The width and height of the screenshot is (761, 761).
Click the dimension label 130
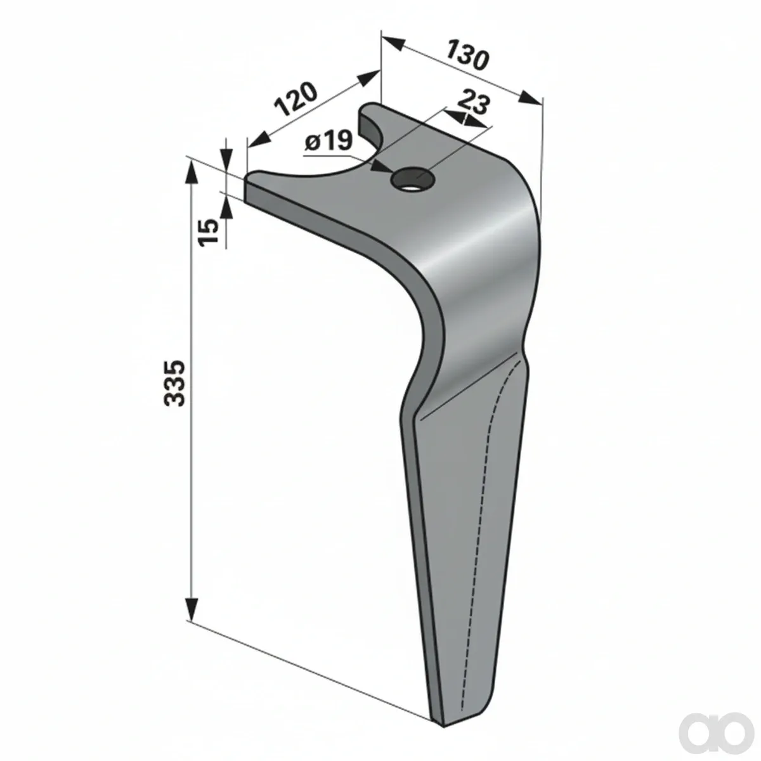[x=468, y=55]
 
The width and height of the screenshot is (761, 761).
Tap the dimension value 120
[x=296, y=99]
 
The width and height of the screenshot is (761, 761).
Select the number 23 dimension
[x=474, y=103]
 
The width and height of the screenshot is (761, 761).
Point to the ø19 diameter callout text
[x=328, y=141]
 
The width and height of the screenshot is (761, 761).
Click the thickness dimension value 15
[x=209, y=232]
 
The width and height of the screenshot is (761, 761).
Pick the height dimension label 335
[x=174, y=382]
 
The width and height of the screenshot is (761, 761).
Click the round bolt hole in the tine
[x=413, y=180]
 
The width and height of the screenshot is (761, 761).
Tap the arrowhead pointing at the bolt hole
[x=382, y=167]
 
